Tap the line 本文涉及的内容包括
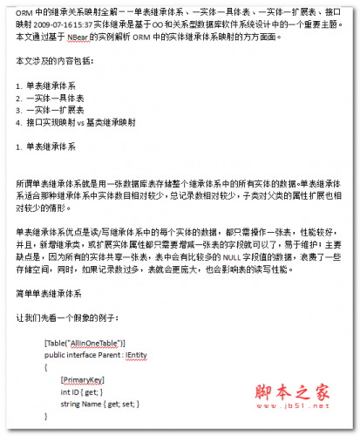click(x=58, y=65)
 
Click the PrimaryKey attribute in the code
click(x=84, y=381)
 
